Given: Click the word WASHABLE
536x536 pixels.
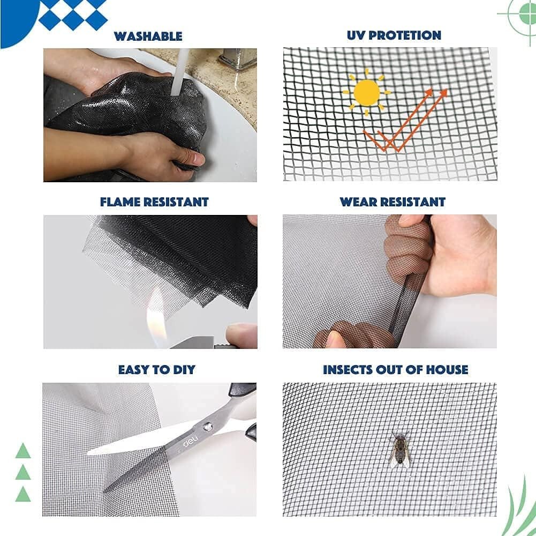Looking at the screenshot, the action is (148, 36).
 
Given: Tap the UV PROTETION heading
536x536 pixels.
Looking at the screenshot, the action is (394, 35).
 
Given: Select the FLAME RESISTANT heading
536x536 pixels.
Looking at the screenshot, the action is (154, 202).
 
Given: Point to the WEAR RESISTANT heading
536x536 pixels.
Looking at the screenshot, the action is (392, 202).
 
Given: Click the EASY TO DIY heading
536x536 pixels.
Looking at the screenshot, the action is (156, 370).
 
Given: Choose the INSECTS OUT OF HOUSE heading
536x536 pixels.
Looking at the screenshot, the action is (396, 370).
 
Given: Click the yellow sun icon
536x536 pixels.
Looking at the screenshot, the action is (367, 92).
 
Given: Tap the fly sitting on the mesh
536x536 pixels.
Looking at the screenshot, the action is (400, 450).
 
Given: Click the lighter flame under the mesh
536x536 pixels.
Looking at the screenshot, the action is (156, 318).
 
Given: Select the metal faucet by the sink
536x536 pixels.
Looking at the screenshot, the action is (238, 58).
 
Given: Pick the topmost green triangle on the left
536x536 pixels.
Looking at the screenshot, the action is (23, 451).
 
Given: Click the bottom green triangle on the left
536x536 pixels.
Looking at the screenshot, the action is (23, 494).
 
